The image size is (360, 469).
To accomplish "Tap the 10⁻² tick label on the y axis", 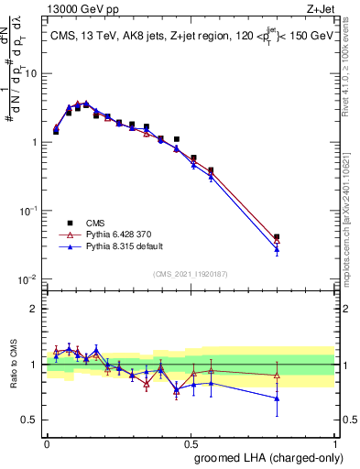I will click(x=30, y=278).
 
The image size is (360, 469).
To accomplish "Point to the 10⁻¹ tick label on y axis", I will click(x=30, y=210).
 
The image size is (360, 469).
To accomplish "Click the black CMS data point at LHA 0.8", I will click(x=277, y=237).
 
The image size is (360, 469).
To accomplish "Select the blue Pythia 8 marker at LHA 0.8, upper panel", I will click(x=277, y=249).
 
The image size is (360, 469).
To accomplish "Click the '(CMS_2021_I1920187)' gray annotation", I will click(x=190, y=274).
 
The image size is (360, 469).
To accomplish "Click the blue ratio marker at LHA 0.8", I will click(x=277, y=398).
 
